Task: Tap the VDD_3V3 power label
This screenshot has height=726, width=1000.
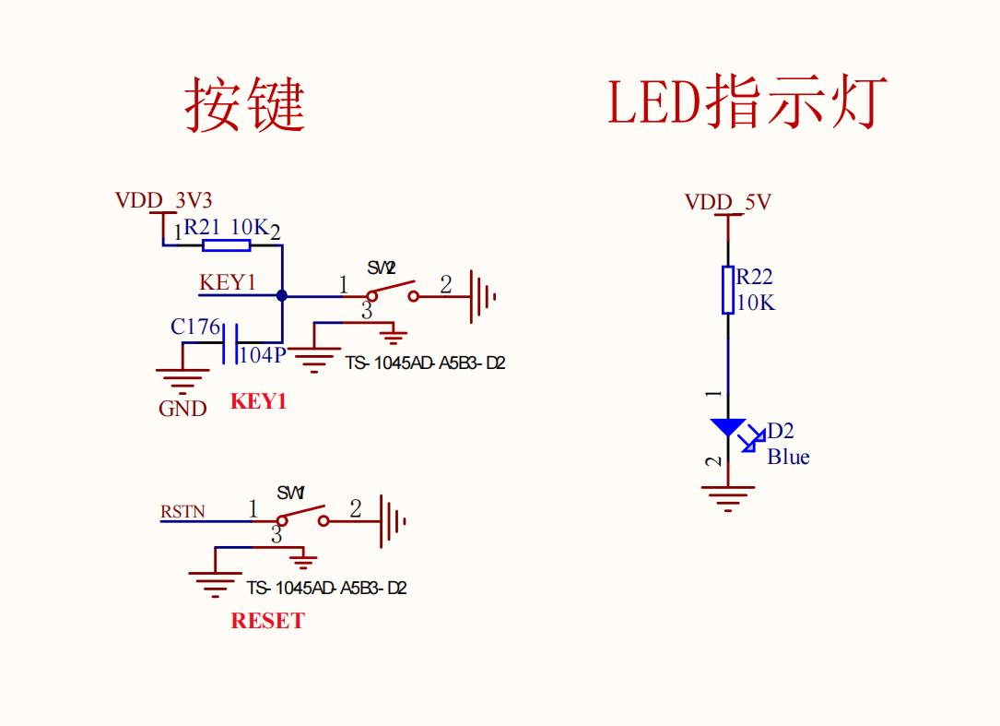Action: tap(164, 200)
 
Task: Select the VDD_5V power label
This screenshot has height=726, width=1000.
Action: tap(727, 202)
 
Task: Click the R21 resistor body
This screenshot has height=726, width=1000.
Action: tap(226, 245)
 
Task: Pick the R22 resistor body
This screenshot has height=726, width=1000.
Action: tap(728, 290)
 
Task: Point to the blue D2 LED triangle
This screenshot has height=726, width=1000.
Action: tap(728, 427)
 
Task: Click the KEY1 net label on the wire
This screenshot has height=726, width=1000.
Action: tap(228, 282)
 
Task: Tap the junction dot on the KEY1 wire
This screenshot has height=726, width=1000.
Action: tap(281, 295)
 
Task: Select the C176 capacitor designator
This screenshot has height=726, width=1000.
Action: tap(195, 327)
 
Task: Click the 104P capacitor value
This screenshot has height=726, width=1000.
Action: tap(264, 355)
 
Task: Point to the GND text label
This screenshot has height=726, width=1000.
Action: tap(182, 409)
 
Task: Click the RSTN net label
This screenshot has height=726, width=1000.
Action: tap(183, 511)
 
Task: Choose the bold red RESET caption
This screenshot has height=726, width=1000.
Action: tap(267, 621)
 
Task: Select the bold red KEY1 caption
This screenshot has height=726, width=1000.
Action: tap(258, 402)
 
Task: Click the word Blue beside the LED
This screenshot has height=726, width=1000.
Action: tap(788, 457)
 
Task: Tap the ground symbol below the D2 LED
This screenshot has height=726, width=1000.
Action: tap(728, 498)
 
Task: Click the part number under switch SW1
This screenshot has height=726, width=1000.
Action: tap(326, 588)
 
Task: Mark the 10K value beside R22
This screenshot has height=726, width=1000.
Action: tap(756, 302)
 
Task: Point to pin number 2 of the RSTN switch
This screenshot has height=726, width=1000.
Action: tap(357, 508)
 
